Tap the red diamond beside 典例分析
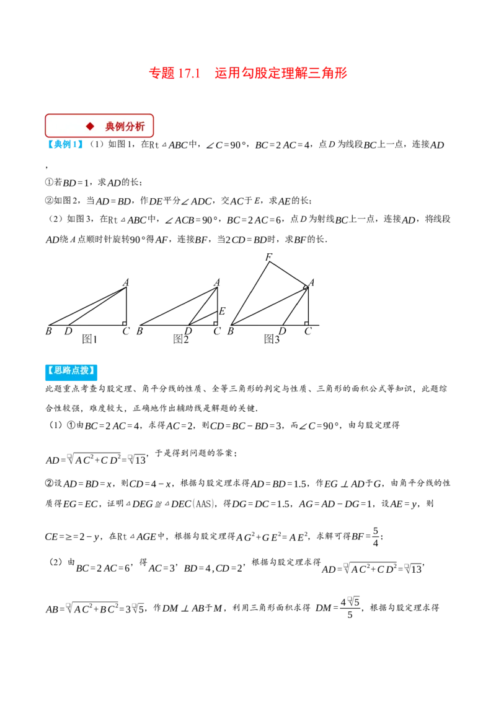pos(90,126)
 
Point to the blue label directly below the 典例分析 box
pos(66,144)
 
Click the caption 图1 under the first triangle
pos(91,339)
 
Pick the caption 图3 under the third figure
pos(273,339)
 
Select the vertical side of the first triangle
pos(127,303)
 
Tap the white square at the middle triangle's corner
pos(220,323)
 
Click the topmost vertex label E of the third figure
pos(268,256)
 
